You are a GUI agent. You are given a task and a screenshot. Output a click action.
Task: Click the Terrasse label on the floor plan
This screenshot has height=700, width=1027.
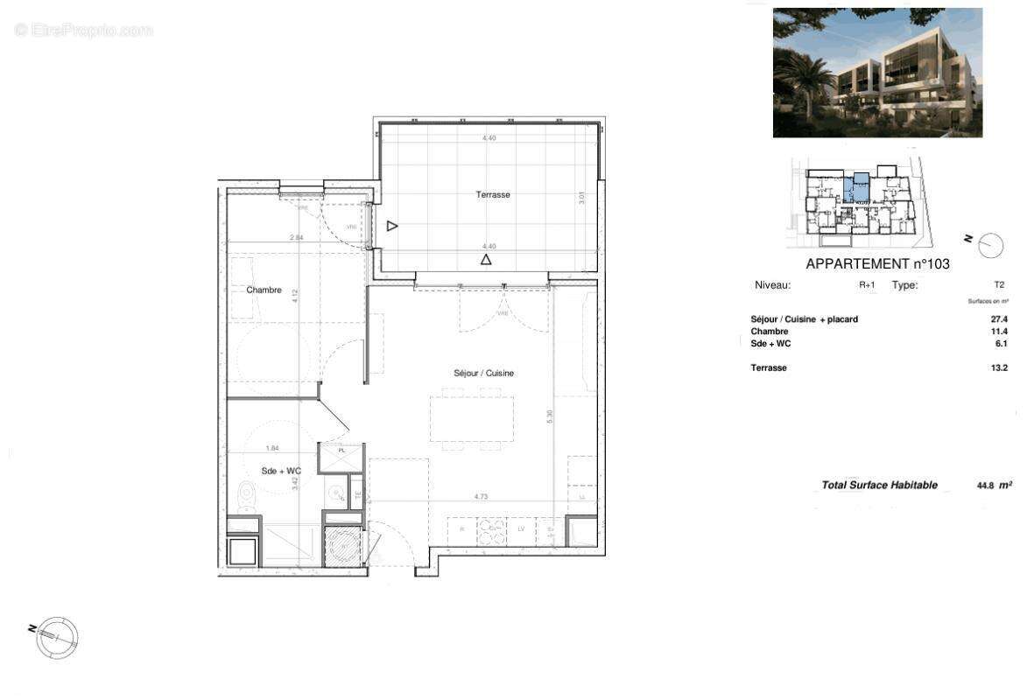pyautogui.click(x=493, y=195)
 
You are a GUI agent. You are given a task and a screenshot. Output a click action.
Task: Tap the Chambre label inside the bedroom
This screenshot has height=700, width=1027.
pyautogui.click(x=264, y=290)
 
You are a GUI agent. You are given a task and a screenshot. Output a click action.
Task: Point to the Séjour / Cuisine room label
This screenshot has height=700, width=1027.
pyautogui.click(x=483, y=374)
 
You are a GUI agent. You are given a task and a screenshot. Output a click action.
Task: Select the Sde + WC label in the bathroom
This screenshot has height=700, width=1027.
pyautogui.click(x=281, y=472)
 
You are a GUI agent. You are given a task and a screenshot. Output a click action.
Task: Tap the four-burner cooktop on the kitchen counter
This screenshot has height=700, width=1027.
pyautogui.click(x=491, y=529)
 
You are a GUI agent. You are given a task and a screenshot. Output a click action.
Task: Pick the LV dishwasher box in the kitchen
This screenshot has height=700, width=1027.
pyautogui.click(x=521, y=529)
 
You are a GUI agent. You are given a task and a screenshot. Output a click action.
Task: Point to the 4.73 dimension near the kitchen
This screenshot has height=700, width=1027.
pyautogui.click(x=481, y=497)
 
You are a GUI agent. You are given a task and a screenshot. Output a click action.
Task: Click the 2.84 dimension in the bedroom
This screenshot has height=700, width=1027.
pyautogui.click(x=297, y=237)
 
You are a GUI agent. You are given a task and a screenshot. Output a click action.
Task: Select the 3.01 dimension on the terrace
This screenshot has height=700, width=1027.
pyautogui.click(x=581, y=199)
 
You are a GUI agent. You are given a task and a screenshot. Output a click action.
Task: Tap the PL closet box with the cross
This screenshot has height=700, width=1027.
pyautogui.click(x=340, y=458)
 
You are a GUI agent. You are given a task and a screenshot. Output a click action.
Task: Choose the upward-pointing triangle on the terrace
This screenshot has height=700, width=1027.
pyautogui.click(x=486, y=260)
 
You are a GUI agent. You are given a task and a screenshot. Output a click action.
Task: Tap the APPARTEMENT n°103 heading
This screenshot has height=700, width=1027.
pyautogui.click(x=877, y=263)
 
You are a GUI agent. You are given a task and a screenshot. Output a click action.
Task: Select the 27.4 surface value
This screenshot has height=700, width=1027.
pyautogui.click(x=999, y=319)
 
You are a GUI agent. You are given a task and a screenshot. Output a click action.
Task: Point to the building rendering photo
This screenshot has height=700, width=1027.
pyautogui.click(x=877, y=73)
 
